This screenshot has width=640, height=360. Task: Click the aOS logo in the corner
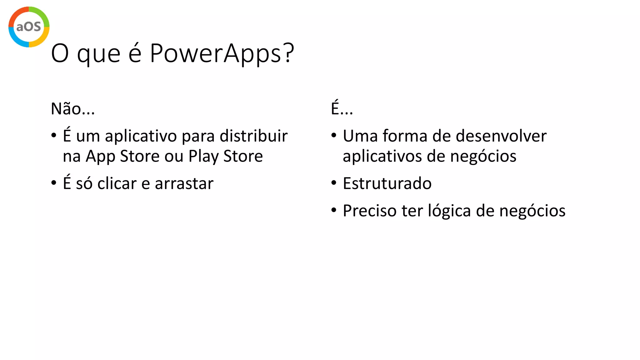(x=29, y=27)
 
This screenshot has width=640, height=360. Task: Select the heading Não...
(x=72, y=109)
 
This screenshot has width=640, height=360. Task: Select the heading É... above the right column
(x=342, y=108)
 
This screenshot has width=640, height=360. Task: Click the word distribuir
(x=253, y=136)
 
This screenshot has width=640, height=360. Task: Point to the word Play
(x=203, y=156)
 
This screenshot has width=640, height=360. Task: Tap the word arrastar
(x=184, y=183)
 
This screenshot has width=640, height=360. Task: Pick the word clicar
(x=117, y=183)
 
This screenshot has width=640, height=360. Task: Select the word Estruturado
(x=387, y=183)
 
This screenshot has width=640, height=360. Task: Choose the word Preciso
(x=370, y=211)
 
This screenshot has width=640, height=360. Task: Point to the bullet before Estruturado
(x=334, y=182)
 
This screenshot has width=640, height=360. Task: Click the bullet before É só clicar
(x=54, y=182)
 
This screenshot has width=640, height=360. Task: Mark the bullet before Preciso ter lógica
(x=334, y=210)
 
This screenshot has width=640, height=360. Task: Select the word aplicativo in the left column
(x=141, y=137)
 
